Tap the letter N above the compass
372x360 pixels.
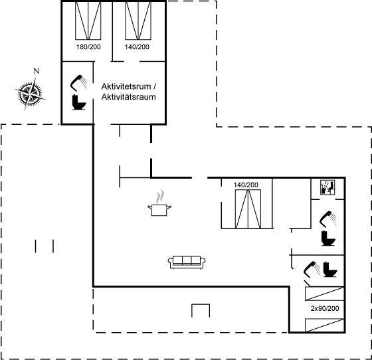pyautogui.click(x=36, y=71)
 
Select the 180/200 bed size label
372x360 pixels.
pyautogui.click(x=88, y=46)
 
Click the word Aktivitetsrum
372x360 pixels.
pyautogui.click(x=126, y=86)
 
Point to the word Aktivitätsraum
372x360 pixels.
pyautogui.click(x=128, y=97)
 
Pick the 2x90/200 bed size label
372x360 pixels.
pyautogui.click(x=325, y=308)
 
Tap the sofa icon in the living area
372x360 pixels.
pyautogui.click(x=187, y=262)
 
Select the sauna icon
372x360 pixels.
pyautogui.click(x=327, y=187)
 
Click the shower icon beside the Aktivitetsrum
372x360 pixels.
pyautogui.click(x=78, y=83)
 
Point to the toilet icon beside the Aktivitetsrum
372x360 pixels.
pyautogui.click(x=79, y=102)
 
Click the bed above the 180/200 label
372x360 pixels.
pyautogui.click(x=88, y=21)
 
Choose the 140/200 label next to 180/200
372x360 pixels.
pyautogui.click(x=137, y=46)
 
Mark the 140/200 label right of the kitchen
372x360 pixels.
pyautogui.click(x=246, y=185)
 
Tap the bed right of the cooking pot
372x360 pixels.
pyautogui.click(x=248, y=209)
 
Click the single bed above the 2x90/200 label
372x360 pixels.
pyautogui.click(x=324, y=294)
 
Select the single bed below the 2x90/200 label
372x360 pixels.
pyautogui.click(x=324, y=325)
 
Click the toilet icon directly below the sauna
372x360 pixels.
pyautogui.click(x=328, y=238)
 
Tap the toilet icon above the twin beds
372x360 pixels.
pyautogui.click(x=330, y=269)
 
